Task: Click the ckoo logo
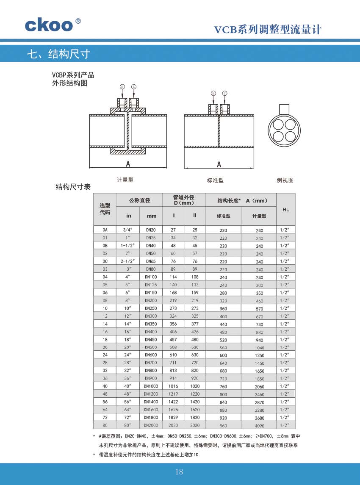tap(49, 25)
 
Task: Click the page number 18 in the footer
tap(179, 472)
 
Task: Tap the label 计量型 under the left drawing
tap(125, 180)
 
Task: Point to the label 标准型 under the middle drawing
tap(215, 180)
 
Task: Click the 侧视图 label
tap(285, 180)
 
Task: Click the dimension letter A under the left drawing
tap(127, 164)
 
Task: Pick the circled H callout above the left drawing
tap(122, 86)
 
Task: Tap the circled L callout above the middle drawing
tap(224, 93)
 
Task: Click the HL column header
tap(285, 209)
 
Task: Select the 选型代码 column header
tap(105, 209)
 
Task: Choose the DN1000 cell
tap(151, 386)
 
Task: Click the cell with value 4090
tap(259, 426)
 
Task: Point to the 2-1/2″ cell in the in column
tap(127, 261)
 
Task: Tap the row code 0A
tap(105, 230)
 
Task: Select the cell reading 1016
tap(173, 386)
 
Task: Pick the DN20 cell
tap(151, 230)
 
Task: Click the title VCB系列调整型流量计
tap(268, 30)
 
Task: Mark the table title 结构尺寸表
tap(73, 187)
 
